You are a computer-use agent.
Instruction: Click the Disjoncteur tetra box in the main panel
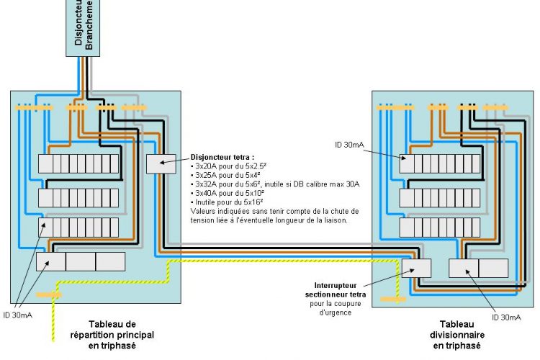click(x=161, y=163)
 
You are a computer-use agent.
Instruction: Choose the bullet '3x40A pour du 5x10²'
click(x=231, y=194)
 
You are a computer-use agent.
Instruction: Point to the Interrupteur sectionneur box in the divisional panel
click(x=417, y=269)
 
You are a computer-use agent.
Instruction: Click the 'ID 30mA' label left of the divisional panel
click(x=350, y=145)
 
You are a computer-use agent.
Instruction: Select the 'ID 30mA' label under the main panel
click(x=17, y=315)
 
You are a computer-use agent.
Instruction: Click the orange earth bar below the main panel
click(x=49, y=294)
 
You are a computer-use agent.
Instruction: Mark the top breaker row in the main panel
click(x=78, y=163)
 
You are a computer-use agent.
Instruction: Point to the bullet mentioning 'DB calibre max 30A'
click(x=276, y=184)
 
